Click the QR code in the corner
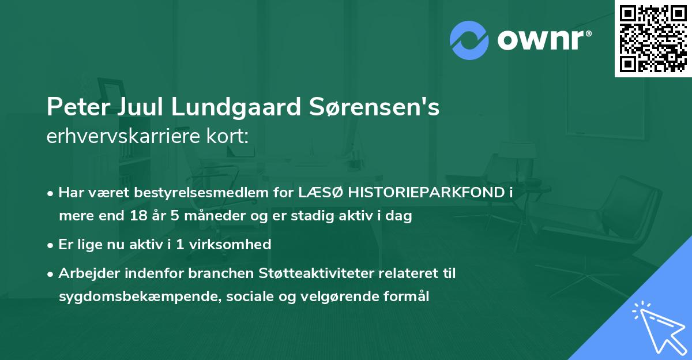point(653,38)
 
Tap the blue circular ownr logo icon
point(469,40)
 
